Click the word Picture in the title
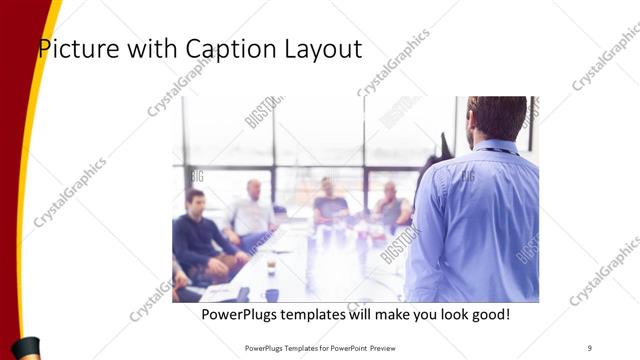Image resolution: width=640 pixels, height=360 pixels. coord(75,49)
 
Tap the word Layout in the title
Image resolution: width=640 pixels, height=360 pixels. coord(325,49)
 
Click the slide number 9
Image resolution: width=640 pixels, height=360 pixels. coord(590,347)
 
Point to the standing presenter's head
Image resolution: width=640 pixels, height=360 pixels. coord(497,118)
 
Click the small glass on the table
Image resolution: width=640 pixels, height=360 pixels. coord(270,265)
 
